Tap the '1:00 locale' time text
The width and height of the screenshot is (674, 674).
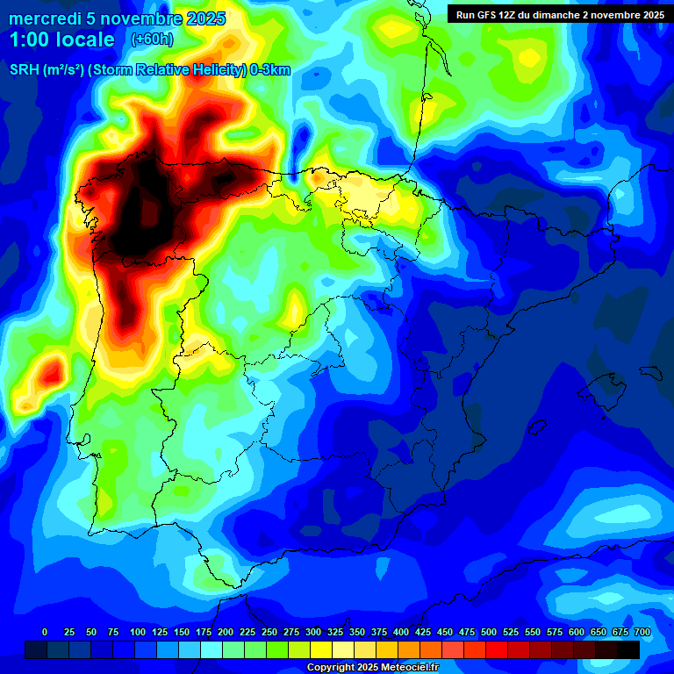pyautogui.click(x=61, y=39)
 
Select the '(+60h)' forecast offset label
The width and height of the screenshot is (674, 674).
pyautogui.click(x=153, y=39)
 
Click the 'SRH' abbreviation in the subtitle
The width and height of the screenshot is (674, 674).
pyautogui.click(x=24, y=70)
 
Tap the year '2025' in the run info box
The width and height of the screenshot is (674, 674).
pyautogui.click(x=649, y=15)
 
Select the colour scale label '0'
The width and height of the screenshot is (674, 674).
pyautogui.click(x=45, y=633)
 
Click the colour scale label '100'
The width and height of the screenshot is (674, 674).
pyautogui.click(x=137, y=633)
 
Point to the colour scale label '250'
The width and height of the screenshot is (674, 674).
pyautogui.click(x=269, y=633)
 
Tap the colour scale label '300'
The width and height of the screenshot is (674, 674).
pyautogui.click(x=312, y=633)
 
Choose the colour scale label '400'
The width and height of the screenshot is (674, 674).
pyautogui.click(x=400, y=633)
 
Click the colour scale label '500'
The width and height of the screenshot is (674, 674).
pyautogui.click(x=488, y=633)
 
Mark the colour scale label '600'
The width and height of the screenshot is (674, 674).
pyautogui.click(x=576, y=633)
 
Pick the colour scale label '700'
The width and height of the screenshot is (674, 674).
pyautogui.click(x=642, y=633)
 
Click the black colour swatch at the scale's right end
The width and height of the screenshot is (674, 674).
pyautogui.click(x=628, y=649)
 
